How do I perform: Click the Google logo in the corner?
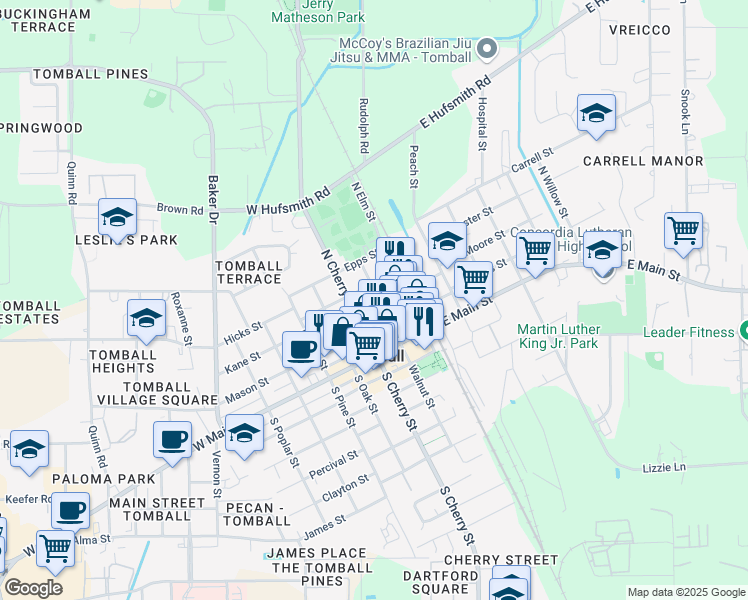click(33, 588)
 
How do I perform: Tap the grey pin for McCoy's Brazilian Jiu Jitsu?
click(487, 48)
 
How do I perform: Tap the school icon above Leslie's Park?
click(117, 216)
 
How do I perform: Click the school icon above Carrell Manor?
click(596, 113)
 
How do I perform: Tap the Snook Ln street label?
click(685, 111)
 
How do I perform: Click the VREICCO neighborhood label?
click(637, 30)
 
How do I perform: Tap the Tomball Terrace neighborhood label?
click(248, 272)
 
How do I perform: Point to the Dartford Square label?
click(440, 583)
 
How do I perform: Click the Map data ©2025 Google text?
click(685, 592)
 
